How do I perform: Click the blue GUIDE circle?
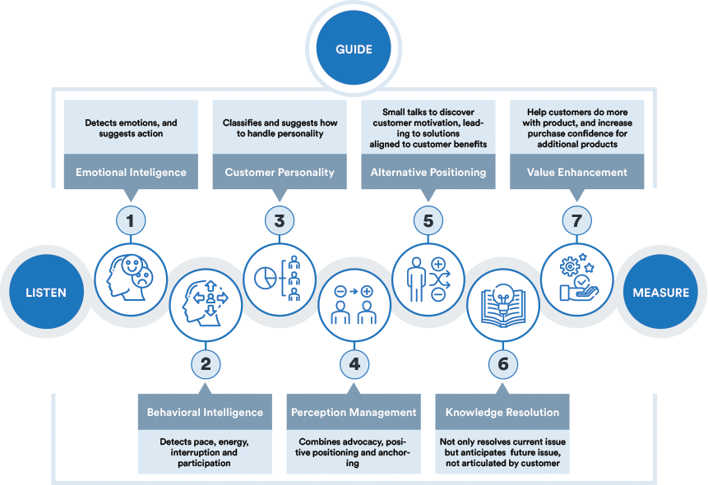click(x=354, y=49)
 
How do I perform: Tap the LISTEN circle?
click(x=46, y=293)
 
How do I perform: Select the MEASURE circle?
click(x=660, y=293)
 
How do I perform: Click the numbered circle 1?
click(x=130, y=220)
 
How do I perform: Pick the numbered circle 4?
click(x=354, y=363)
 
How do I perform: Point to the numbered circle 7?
click(x=577, y=220)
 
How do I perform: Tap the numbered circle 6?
click(x=503, y=363)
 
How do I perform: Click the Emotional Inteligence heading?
click(x=131, y=173)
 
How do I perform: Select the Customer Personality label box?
click(x=280, y=173)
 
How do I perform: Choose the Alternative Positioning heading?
click(x=428, y=173)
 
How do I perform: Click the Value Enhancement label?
click(x=577, y=173)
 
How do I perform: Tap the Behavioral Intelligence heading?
click(x=205, y=412)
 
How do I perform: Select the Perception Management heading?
click(x=354, y=412)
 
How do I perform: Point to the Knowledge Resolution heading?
click(x=502, y=412)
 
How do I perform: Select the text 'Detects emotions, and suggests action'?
click(x=131, y=128)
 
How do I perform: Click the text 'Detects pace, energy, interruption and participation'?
click(x=205, y=452)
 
